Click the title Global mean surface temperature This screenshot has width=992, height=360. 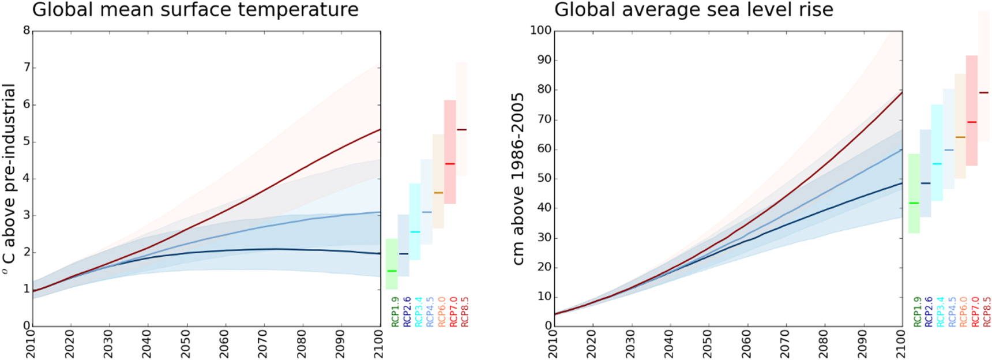[x=195, y=10]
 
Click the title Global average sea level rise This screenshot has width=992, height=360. [x=693, y=10]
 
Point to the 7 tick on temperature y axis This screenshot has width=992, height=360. [x=27, y=68]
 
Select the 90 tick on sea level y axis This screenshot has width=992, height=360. [x=544, y=60]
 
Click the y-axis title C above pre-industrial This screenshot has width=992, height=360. [x=9, y=178]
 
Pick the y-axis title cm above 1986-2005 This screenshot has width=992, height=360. [x=518, y=178]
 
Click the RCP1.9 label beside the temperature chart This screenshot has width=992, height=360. [x=395, y=312]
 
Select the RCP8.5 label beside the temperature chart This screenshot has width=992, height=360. [x=465, y=312]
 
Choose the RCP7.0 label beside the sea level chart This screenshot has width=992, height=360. [x=975, y=312]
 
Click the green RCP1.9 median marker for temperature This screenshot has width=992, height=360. [x=392, y=271]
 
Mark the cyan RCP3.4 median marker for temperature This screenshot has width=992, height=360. [x=415, y=232]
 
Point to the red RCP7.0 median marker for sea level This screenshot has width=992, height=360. [x=972, y=122]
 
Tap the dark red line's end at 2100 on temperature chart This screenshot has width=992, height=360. [x=380, y=130]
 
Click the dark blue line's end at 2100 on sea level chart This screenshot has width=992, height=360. [x=901, y=183]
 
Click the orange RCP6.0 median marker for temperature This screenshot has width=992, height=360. [x=438, y=193]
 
